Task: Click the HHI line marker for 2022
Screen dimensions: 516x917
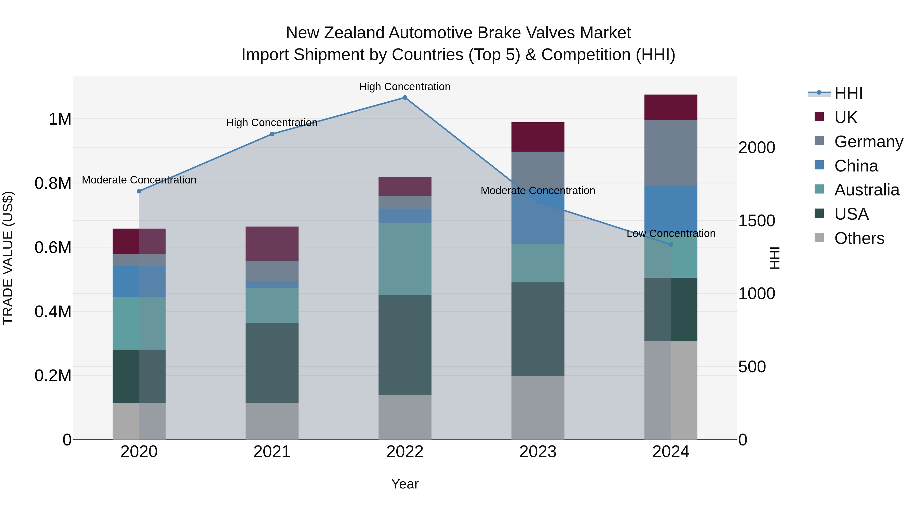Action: click(405, 98)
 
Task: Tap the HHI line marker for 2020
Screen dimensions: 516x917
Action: click(139, 191)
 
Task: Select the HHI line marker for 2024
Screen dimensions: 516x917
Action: click(671, 245)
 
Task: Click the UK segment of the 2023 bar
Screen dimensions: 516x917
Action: click(538, 137)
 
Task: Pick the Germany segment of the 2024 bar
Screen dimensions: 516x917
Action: click(671, 153)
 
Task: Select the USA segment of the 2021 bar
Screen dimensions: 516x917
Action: click(272, 363)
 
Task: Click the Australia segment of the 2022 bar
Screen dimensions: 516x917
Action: click(405, 259)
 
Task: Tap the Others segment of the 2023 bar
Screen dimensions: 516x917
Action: click(538, 408)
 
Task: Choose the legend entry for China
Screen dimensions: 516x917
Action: click(856, 166)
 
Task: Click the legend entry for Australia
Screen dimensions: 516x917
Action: click(867, 190)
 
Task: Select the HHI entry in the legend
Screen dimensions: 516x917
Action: click(848, 93)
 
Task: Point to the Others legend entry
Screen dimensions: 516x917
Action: click(859, 238)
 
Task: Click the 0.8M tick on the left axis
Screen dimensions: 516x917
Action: click(53, 183)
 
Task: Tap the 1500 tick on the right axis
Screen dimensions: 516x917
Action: click(757, 221)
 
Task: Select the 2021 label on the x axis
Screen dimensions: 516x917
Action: click(272, 452)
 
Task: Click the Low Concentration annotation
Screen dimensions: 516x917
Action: click(671, 234)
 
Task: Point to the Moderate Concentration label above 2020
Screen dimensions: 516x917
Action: click(139, 180)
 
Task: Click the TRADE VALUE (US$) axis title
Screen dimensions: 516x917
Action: click(8, 258)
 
